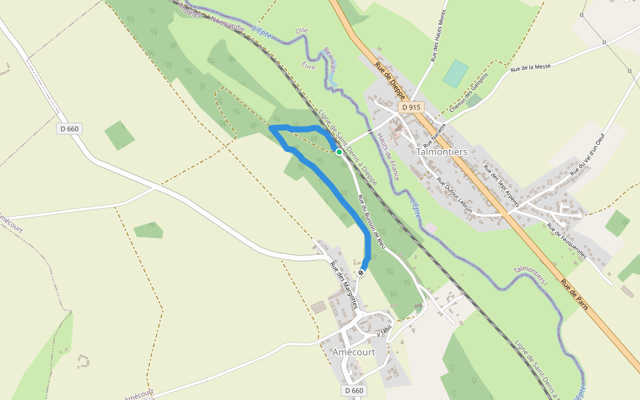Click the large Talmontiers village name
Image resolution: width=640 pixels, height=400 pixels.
tap(441, 151)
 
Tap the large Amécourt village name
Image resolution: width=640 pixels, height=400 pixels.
tap(353, 352)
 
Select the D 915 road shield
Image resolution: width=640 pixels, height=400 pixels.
tap(411, 107)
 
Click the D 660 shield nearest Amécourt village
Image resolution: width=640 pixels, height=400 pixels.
tap(355, 390)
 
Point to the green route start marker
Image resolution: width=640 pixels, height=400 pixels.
tap(339, 152)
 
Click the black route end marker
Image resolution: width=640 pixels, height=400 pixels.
tap(361, 273)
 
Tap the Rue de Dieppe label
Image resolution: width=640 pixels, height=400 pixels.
tap(390, 79)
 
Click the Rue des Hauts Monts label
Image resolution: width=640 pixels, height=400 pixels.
tap(438, 39)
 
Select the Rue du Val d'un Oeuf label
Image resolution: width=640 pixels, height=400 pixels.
tap(591, 154)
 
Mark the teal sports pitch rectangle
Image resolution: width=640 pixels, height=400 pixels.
tap(455, 74)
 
